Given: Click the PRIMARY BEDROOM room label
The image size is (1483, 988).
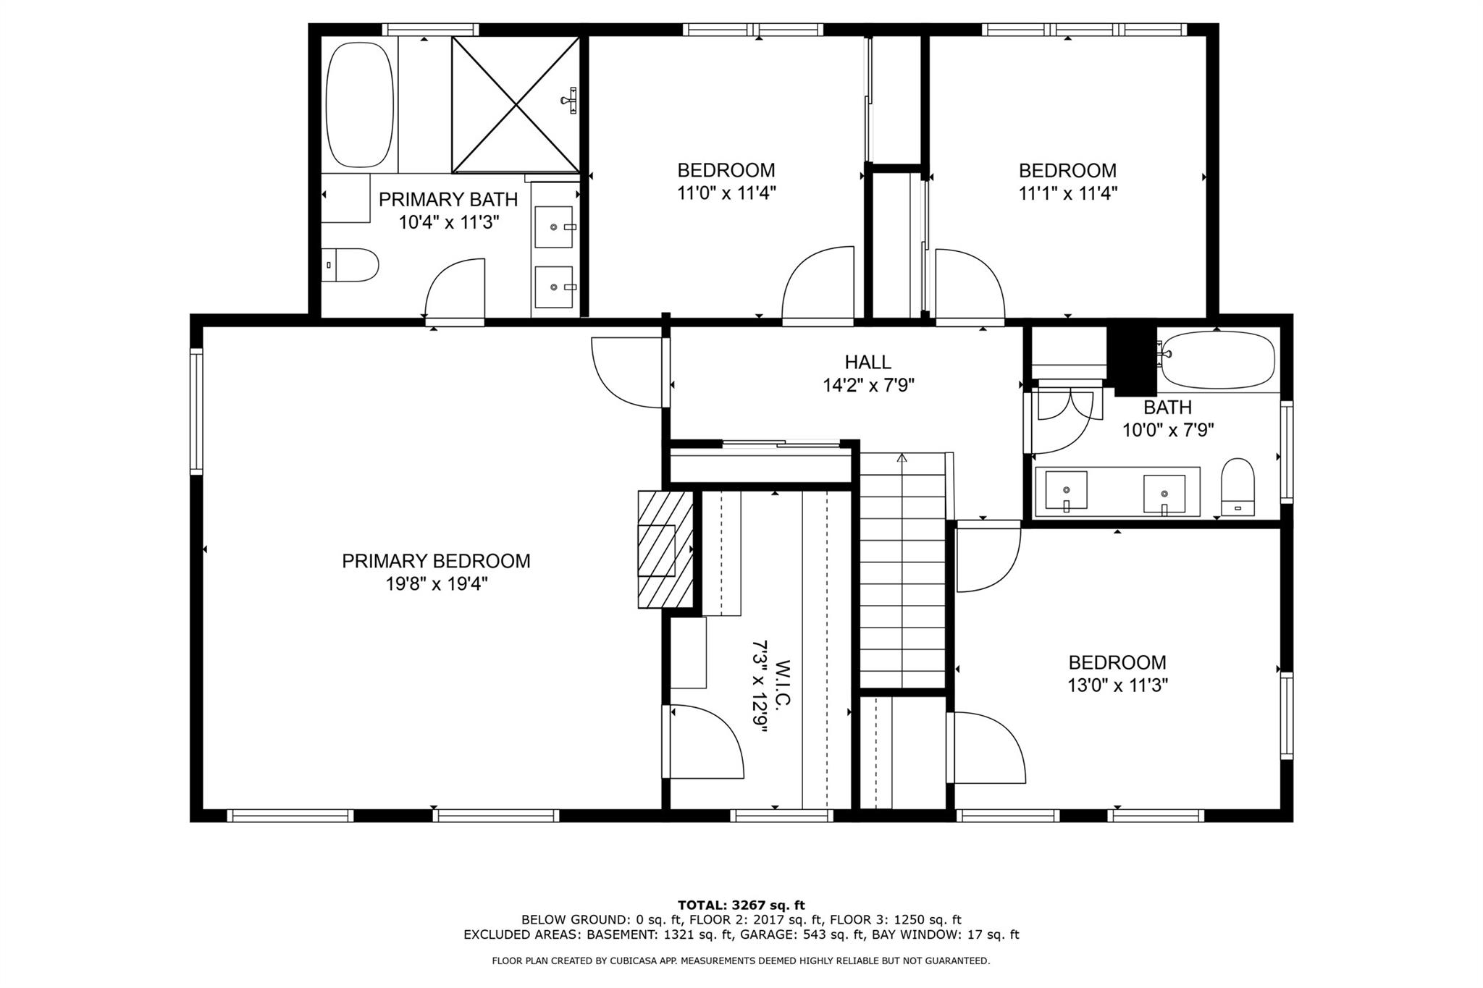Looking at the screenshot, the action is pyautogui.click(x=436, y=561).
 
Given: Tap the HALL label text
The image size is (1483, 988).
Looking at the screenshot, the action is pyautogui.click(x=867, y=362).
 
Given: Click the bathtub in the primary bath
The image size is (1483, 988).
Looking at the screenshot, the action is pyautogui.click(x=359, y=105).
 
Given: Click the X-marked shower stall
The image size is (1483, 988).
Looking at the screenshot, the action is pyautogui.click(x=516, y=105).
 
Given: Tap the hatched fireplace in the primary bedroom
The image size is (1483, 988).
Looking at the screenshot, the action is pyautogui.click(x=665, y=549).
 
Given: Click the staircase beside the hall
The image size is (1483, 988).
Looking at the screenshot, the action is pyautogui.click(x=903, y=570).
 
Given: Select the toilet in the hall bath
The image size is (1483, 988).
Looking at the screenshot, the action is pyautogui.click(x=1238, y=487).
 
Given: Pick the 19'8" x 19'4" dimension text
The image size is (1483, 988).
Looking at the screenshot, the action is pyautogui.click(x=436, y=583).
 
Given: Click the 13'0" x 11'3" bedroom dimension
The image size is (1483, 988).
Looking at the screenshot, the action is pyautogui.click(x=1117, y=685).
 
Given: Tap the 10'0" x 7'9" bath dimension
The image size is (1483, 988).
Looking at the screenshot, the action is pyautogui.click(x=1168, y=430).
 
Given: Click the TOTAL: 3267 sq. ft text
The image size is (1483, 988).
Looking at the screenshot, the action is pyautogui.click(x=741, y=905).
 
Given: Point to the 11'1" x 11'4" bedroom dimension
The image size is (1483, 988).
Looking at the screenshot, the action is pyautogui.click(x=1067, y=193).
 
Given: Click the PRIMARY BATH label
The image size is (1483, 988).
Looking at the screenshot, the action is pyautogui.click(x=448, y=199).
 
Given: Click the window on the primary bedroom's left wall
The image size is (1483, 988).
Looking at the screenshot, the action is pyautogui.click(x=196, y=411).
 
